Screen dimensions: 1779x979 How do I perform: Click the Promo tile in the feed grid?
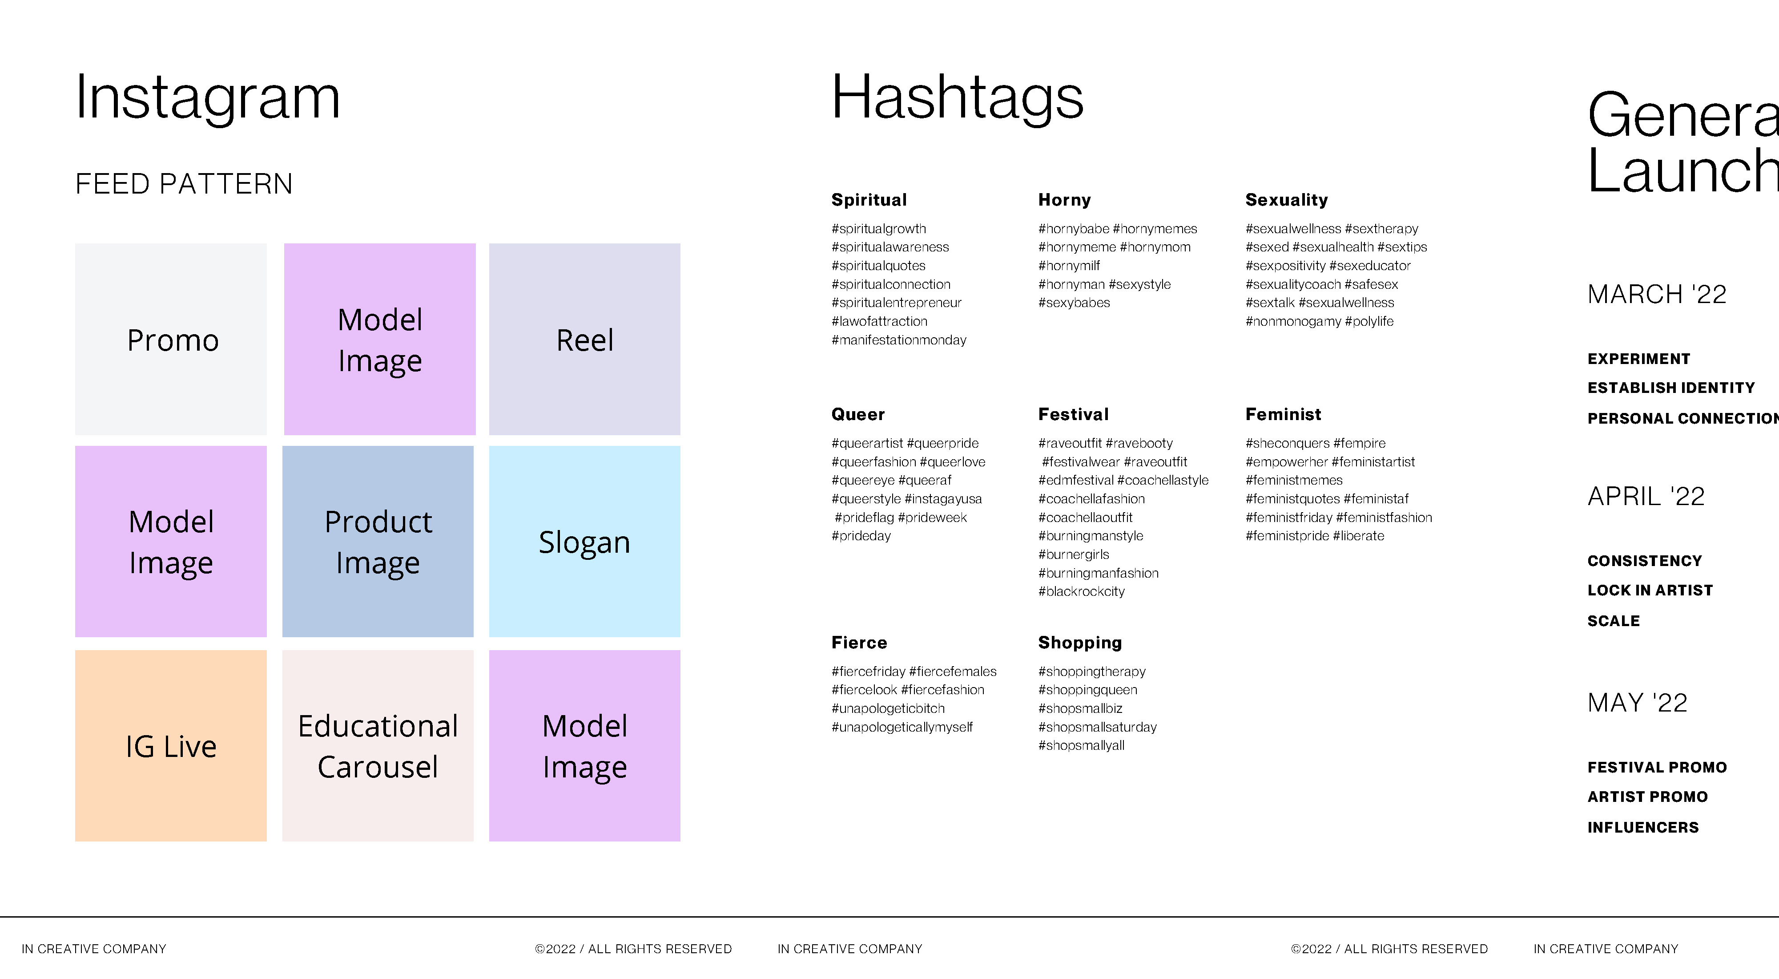(x=171, y=339)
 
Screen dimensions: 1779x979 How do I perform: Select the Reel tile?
(x=584, y=339)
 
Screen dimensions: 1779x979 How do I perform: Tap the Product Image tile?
(x=378, y=541)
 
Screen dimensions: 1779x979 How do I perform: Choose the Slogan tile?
(x=584, y=541)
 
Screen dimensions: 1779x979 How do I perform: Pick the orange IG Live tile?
(x=171, y=745)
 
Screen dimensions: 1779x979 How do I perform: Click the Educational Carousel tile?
(x=378, y=745)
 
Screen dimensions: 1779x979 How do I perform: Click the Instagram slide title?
(x=208, y=99)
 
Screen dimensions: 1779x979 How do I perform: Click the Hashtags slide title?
(x=957, y=99)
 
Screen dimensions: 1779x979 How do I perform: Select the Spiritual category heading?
(x=869, y=200)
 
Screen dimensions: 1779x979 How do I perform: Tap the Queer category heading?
(x=858, y=415)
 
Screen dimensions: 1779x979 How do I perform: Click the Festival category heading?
(x=1073, y=415)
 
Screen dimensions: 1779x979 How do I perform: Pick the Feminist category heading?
(x=1283, y=415)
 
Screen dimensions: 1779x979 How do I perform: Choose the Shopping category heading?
(x=1080, y=643)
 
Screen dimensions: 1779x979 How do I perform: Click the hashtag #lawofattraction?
(x=879, y=321)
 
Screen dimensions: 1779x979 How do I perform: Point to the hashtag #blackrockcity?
(x=1082, y=591)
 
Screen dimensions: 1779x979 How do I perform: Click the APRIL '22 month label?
(x=1646, y=496)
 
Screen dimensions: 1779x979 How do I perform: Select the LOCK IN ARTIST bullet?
(x=1650, y=590)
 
